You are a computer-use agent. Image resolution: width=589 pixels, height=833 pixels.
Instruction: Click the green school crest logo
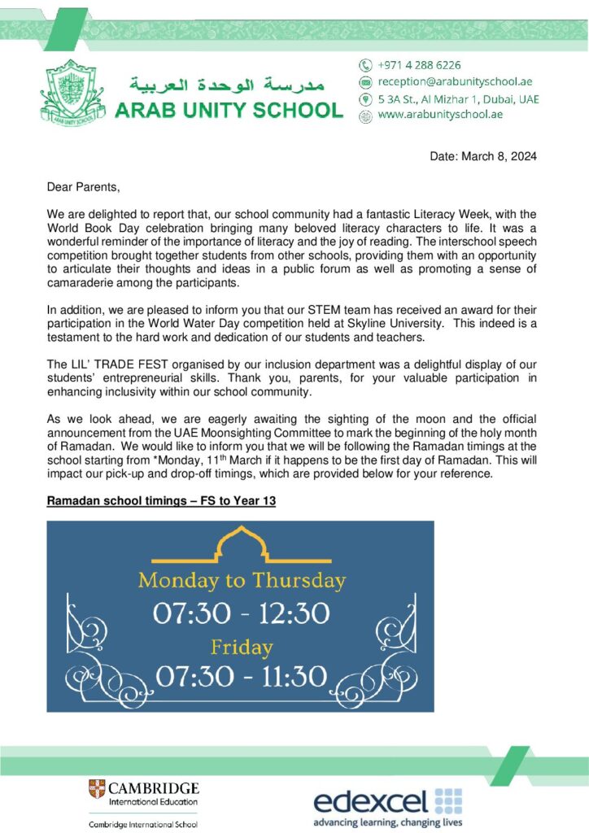[x=76, y=98]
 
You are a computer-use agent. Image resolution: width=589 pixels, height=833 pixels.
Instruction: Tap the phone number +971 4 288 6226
[x=420, y=65]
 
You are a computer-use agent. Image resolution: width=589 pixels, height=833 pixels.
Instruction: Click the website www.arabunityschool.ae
[x=440, y=115]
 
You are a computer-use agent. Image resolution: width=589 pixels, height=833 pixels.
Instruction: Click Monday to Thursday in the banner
[x=242, y=581]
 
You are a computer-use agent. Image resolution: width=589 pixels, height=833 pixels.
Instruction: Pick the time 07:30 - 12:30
[x=242, y=613]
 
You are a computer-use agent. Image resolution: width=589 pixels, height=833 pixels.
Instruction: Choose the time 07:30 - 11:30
[x=242, y=676]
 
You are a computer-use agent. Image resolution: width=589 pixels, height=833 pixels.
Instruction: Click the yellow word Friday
[x=241, y=647]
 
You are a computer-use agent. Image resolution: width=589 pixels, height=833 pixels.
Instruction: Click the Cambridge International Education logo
[x=143, y=793]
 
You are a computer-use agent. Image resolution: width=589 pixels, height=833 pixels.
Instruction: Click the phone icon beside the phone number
[x=366, y=65]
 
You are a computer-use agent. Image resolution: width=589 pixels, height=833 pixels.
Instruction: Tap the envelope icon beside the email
[x=366, y=82]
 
